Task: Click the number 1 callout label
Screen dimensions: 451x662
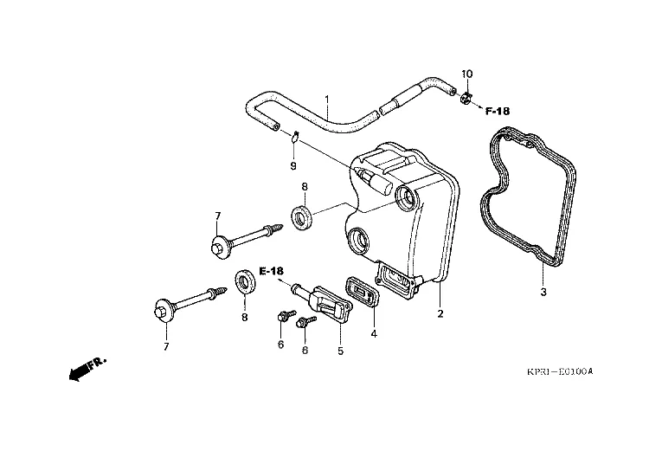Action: click(x=327, y=100)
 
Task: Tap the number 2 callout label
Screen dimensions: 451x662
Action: click(x=440, y=312)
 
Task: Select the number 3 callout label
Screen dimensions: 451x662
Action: click(x=543, y=292)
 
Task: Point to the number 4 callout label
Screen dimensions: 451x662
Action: click(x=374, y=332)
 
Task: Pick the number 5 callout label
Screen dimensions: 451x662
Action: click(x=340, y=351)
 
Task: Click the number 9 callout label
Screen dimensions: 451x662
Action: click(x=293, y=164)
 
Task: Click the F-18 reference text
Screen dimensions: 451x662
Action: click(x=498, y=111)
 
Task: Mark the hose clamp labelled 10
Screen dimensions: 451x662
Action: click(x=465, y=98)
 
